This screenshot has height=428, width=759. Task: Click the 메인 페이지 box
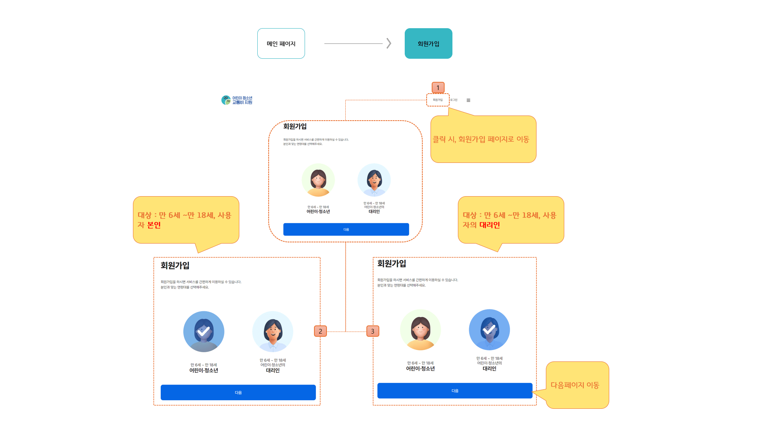281,43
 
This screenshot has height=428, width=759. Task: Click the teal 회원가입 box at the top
428,43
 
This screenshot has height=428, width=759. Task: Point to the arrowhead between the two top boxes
389,43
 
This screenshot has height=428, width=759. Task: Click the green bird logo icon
226,100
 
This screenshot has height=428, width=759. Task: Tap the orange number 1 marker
438,87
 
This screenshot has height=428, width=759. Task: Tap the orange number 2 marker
320,331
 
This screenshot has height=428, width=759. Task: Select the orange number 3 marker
372,331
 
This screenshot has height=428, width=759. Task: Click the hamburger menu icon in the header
468,100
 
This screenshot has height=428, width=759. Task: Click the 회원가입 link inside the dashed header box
438,100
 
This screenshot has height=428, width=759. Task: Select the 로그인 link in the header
454,100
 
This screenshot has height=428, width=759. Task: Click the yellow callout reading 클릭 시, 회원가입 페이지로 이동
483,139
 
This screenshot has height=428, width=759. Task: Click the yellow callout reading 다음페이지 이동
577,385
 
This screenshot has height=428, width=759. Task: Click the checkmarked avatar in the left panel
204,332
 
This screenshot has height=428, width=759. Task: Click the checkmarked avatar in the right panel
489,330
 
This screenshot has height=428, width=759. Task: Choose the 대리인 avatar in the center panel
374,180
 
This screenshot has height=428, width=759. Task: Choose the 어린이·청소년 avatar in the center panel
318,180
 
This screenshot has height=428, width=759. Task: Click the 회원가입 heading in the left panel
175,265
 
